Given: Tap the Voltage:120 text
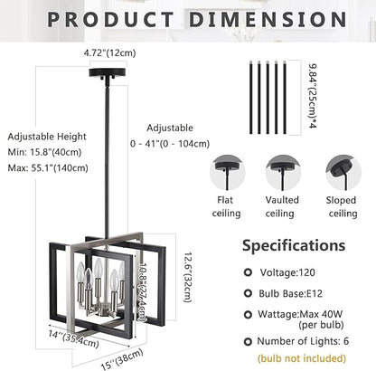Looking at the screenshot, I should [x=294, y=271].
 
